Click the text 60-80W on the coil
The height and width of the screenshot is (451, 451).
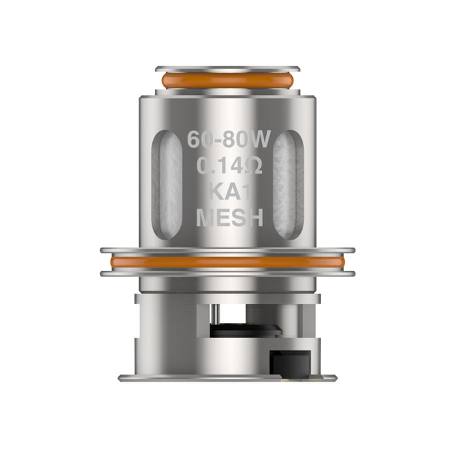click(x=225, y=139)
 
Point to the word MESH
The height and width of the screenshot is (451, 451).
click(x=225, y=218)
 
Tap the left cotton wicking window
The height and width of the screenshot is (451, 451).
click(x=167, y=184)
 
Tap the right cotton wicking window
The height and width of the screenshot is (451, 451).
click(x=287, y=184)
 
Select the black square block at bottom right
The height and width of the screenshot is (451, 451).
click(x=288, y=359)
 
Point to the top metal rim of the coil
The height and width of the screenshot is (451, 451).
click(x=225, y=68)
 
